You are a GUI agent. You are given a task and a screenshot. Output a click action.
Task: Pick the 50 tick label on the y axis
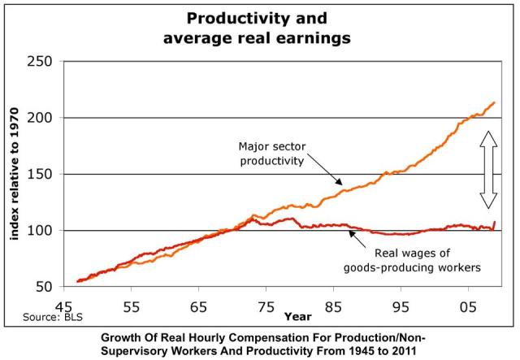click(41, 287)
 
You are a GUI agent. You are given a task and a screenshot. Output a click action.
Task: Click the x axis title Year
click(297, 316)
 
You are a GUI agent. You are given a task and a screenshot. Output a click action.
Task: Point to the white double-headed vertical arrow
click(488, 171)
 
